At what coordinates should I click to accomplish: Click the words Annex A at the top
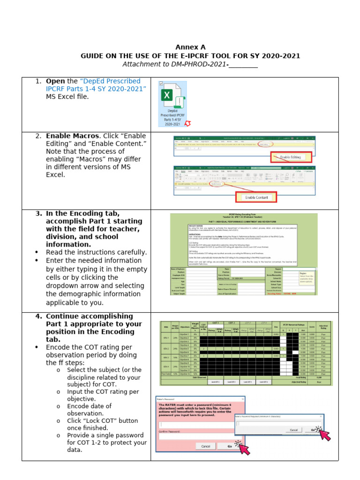190,47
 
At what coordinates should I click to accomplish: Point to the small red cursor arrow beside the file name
188,123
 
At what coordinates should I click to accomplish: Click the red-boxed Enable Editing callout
291,157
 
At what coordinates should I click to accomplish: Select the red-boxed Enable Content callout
256,197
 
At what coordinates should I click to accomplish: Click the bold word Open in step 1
55,81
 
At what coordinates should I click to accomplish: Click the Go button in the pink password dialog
230,446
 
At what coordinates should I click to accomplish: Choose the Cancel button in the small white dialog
293,430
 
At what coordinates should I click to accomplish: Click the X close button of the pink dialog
242,398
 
